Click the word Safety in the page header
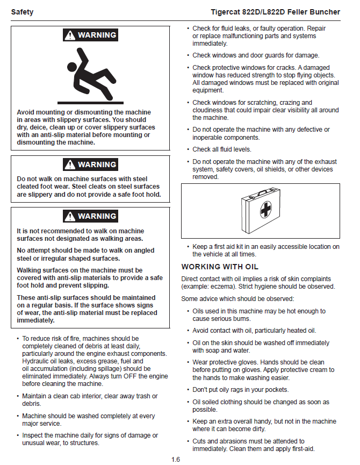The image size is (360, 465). click(x=22, y=12)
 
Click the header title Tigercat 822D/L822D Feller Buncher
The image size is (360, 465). click(x=276, y=12)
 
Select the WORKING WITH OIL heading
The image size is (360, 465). click(x=220, y=267)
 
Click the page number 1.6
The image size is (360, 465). click(x=176, y=459)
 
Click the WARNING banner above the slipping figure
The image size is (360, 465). click(x=90, y=35)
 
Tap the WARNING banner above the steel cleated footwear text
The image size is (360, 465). click(x=90, y=164)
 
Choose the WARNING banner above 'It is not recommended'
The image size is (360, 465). click(x=90, y=216)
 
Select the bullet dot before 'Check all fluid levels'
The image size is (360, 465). click(x=187, y=149)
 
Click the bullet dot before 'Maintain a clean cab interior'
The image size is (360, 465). click(x=16, y=396)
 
